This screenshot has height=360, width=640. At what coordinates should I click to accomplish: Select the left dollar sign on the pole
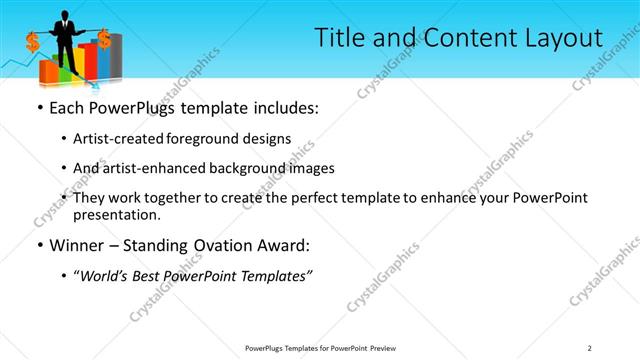click(33, 42)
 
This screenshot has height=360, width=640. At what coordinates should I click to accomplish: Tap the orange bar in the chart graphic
click(47, 69)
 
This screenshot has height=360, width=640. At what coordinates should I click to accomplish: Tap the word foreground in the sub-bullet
click(213, 138)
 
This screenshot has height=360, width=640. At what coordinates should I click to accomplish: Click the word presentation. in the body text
click(124, 214)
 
